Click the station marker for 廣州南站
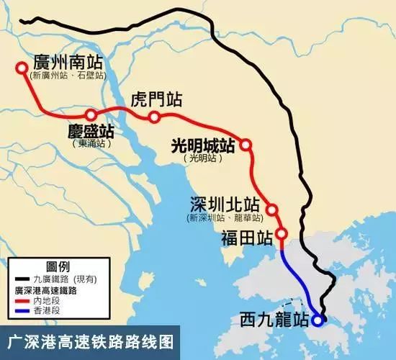click(22, 69)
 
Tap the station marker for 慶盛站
click(91, 115)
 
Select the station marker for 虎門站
click(154, 117)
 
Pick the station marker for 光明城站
click(246, 145)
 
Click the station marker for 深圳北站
click(272, 210)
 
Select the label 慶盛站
click(91, 132)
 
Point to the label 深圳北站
click(222, 202)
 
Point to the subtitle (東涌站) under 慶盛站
click(91, 144)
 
